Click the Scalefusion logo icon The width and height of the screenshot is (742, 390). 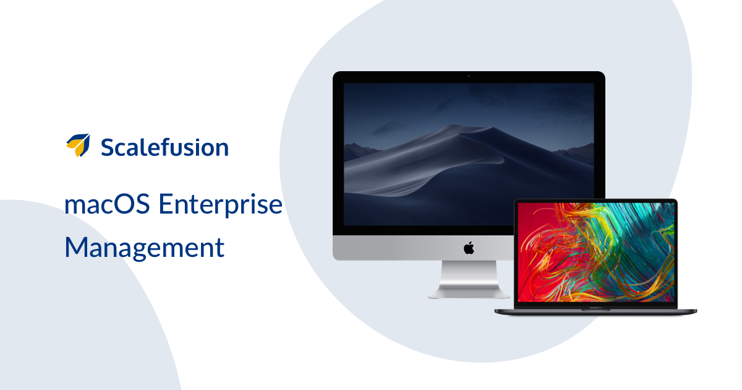tap(78, 145)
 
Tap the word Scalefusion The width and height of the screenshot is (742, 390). tap(164, 147)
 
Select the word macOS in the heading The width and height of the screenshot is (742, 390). tap(107, 204)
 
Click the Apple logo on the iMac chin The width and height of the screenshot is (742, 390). tap(469, 248)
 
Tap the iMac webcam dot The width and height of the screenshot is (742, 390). tap(469, 76)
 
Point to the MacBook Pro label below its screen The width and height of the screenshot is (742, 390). tap(595, 308)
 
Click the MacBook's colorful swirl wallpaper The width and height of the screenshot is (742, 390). tap(595, 252)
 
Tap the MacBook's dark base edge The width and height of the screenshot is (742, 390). tap(595, 312)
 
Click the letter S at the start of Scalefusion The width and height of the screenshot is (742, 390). tap(108, 147)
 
